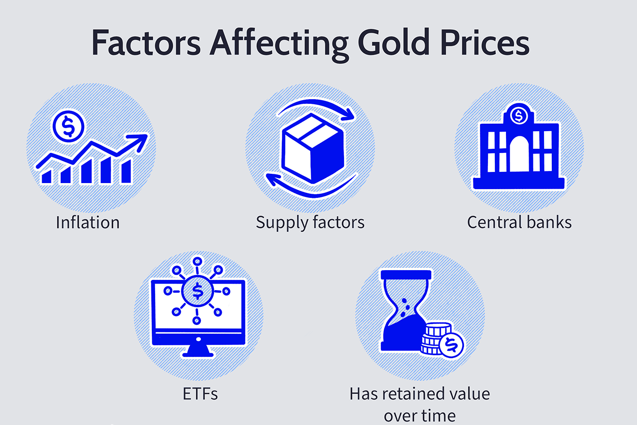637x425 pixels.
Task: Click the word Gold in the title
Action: click(393, 43)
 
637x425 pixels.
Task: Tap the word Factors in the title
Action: click(146, 43)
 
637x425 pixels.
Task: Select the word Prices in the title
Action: click(485, 43)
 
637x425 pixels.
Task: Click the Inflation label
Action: click(87, 222)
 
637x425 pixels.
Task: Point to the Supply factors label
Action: click(310, 223)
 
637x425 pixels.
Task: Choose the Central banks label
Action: click(519, 222)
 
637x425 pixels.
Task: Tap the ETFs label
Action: click(200, 393)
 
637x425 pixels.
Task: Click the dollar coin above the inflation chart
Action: click(68, 127)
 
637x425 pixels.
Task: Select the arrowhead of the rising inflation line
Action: click(139, 141)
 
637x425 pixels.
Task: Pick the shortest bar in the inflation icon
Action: click(47, 177)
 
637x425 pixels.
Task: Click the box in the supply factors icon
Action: click(312, 148)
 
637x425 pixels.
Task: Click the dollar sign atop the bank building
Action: click(518, 115)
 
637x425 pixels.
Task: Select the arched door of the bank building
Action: click(519, 154)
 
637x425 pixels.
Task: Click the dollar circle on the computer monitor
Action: click(198, 291)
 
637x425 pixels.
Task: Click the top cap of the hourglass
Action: click(406, 275)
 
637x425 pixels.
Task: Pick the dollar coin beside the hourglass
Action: click(451, 345)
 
